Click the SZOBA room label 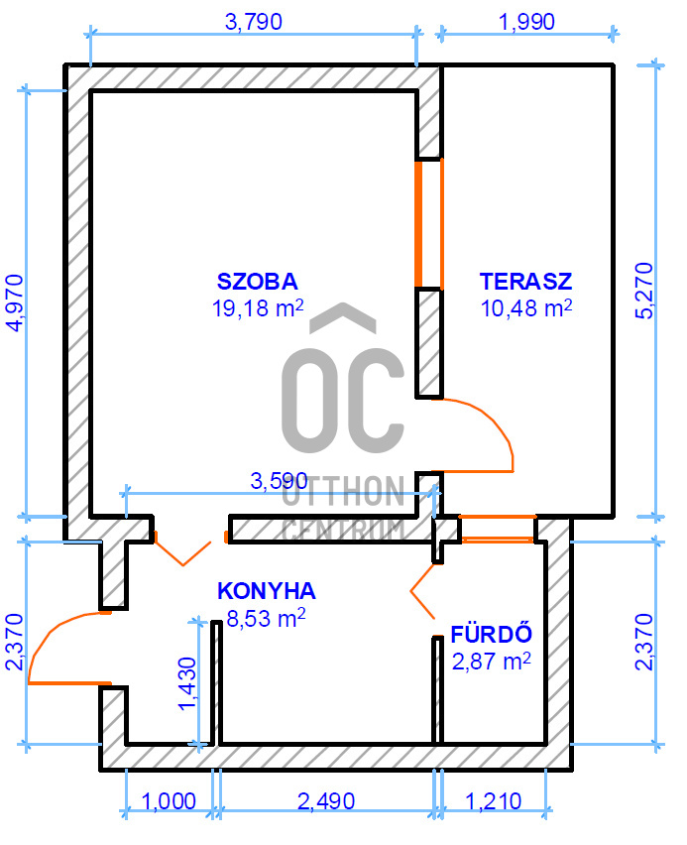[257, 282]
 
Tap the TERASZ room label [525, 282]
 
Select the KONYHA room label [267, 591]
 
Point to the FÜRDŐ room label [492, 634]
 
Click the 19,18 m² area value [258, 308]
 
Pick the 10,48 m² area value [525, 308]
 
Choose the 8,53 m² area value [267, 618]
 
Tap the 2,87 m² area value [492, 662]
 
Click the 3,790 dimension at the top [253, 22]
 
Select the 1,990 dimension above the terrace [526, 22]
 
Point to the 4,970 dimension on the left [15, 302]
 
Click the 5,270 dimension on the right [644, 291]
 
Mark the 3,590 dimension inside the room [280, 481]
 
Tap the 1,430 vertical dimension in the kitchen [187, 684]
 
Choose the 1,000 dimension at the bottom [169, 801]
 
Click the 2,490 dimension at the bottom [326, 801]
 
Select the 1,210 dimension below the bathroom [493, 801]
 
